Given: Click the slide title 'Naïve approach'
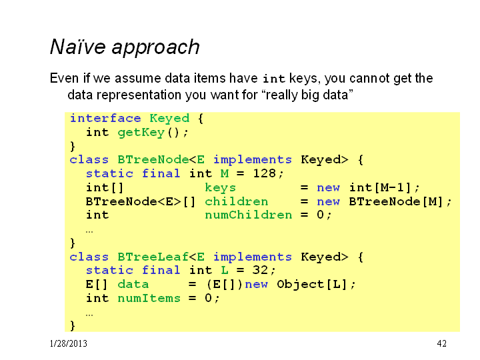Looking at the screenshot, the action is pos(125,47).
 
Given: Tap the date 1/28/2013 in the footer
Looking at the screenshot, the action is pos(68,343).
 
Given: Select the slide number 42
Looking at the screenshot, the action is pos(442,343).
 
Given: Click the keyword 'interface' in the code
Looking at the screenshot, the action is pos(105,118).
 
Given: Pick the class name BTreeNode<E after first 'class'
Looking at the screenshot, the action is pos(161,159).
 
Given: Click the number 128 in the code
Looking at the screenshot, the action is pos(265,173).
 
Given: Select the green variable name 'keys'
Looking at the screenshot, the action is pos(221,187).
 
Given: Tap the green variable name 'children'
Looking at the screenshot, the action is pos(236,201).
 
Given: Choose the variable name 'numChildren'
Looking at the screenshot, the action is pos(248,215).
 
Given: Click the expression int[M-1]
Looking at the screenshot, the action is pos(380,187).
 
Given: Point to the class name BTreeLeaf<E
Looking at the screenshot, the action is pos(161,257).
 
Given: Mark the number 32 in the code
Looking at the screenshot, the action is pos(261,270).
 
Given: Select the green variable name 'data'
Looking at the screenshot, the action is pos(133,284).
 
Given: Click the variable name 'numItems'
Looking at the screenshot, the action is pos(149,298).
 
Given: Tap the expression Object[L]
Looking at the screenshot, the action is pos(312,284).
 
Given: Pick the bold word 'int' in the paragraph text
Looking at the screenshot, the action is pos(274,79).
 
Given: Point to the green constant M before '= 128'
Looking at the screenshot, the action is pos(225,173).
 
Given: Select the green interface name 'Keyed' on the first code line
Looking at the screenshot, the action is pos(169,119).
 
